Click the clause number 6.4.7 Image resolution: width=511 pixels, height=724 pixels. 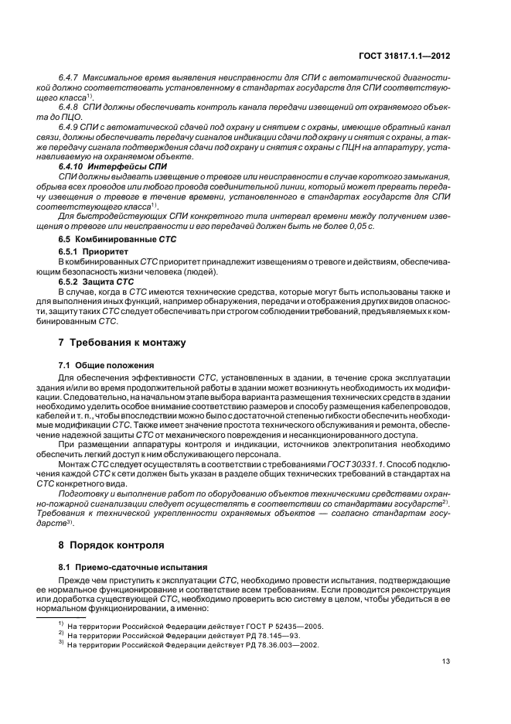tap(70, 79)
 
